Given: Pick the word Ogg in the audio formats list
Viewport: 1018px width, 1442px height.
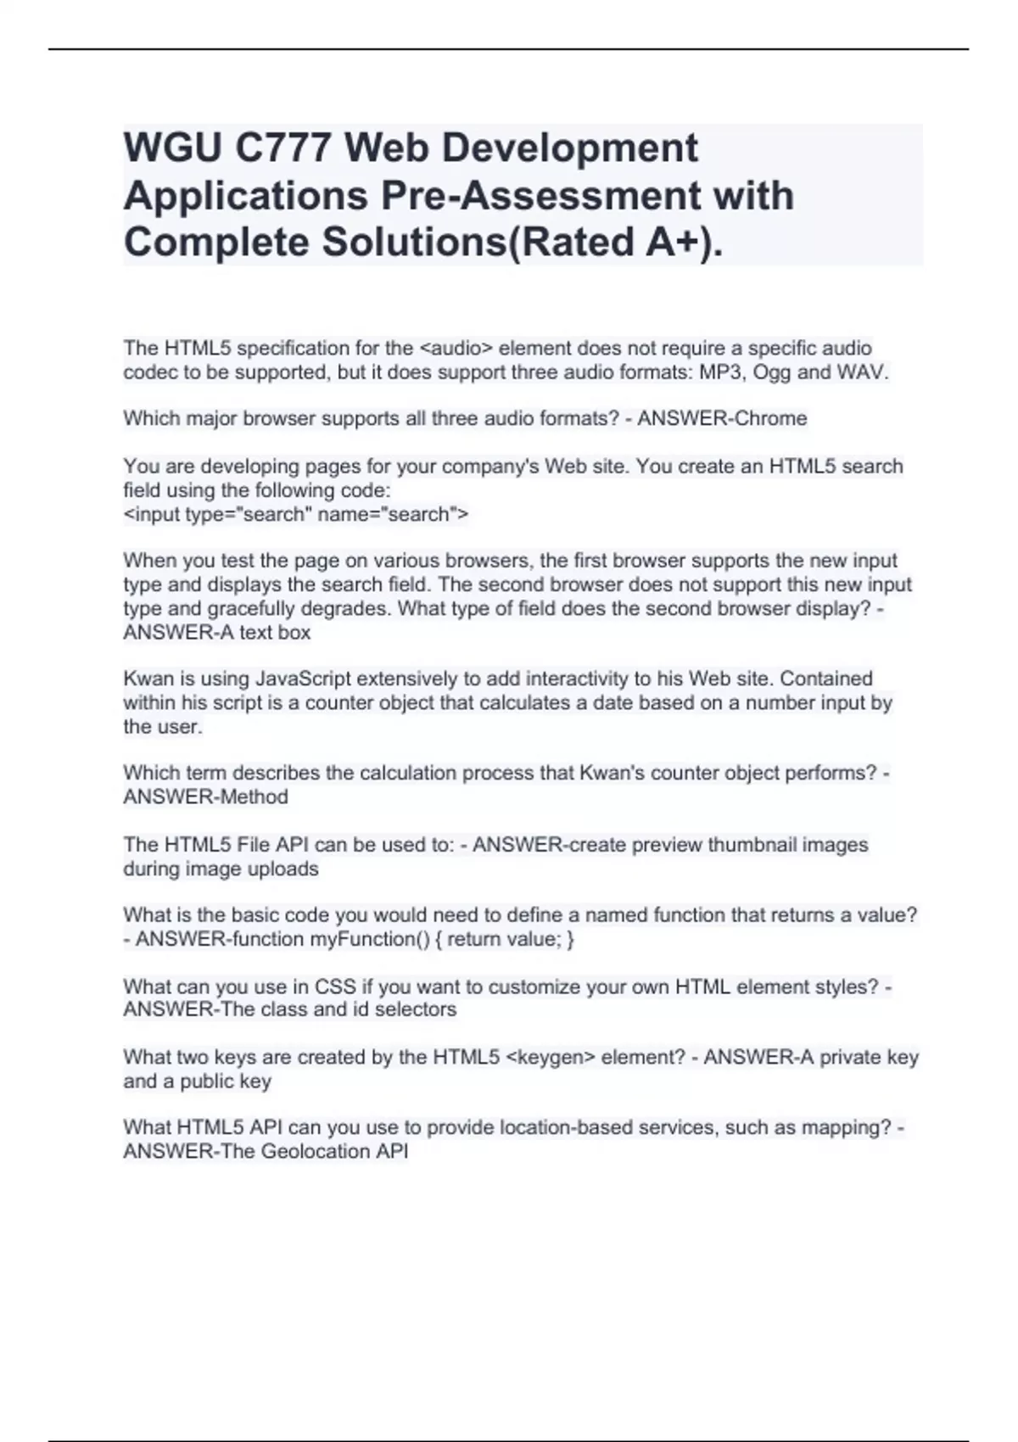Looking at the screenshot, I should [x=772, y=372].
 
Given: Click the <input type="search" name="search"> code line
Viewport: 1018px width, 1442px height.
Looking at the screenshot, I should [x=296, y=514].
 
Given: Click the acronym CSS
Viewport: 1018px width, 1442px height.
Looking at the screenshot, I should [x=335, y=986].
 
